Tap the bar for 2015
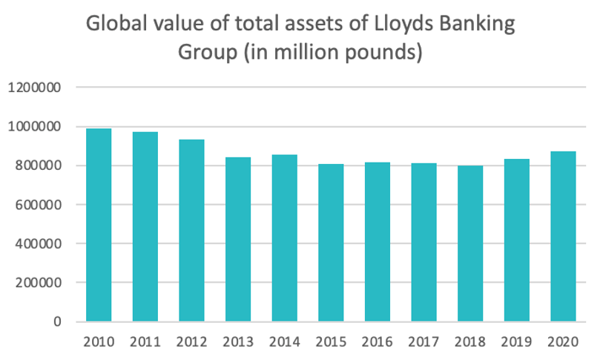point(331,243)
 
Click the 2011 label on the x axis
point(145,342)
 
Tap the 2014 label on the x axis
point(284,342)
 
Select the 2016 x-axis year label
point(377,342)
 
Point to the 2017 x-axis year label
point(424,342)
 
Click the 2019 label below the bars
point(516,342)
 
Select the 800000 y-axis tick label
point(42,166)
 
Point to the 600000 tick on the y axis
point(42,205)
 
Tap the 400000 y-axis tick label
point(42,243)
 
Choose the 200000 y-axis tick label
point(42,283)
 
